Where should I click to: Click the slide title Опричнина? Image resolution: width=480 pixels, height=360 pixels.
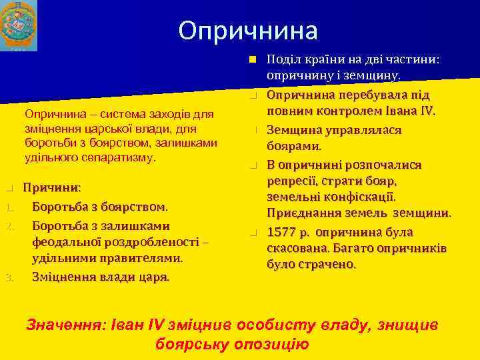coord(248,30)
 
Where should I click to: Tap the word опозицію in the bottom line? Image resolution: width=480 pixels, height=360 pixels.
coord(272,344)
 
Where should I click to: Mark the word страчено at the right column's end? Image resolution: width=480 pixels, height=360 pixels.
coord(327,264)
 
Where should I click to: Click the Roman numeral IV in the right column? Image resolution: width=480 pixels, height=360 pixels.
coord(425,110)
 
